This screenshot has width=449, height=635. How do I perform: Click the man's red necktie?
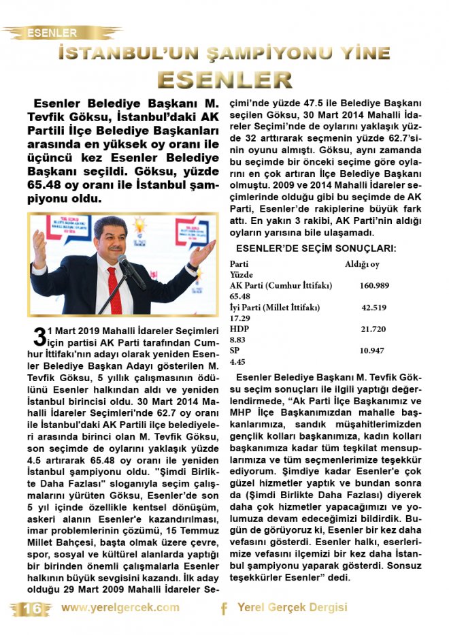(114, 286)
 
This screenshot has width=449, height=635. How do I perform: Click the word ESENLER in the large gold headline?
(224, 79)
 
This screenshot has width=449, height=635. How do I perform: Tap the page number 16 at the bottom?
(31, 608)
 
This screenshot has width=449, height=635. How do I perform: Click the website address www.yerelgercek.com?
(120, 608)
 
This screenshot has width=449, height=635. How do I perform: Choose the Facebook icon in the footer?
(224, 608)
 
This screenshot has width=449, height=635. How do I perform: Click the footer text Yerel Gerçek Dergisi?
(293, 608)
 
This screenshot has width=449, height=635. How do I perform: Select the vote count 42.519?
(373, 308)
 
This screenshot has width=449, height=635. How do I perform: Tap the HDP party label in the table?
(239, 329)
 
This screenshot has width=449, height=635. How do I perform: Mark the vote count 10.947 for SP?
(373, 351)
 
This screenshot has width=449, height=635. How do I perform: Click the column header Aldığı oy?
(362, 264)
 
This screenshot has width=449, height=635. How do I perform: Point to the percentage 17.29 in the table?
(239, 318)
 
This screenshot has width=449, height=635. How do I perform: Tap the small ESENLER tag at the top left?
(52, 32)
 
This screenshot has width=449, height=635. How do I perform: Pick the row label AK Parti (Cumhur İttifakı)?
(271, 286)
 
